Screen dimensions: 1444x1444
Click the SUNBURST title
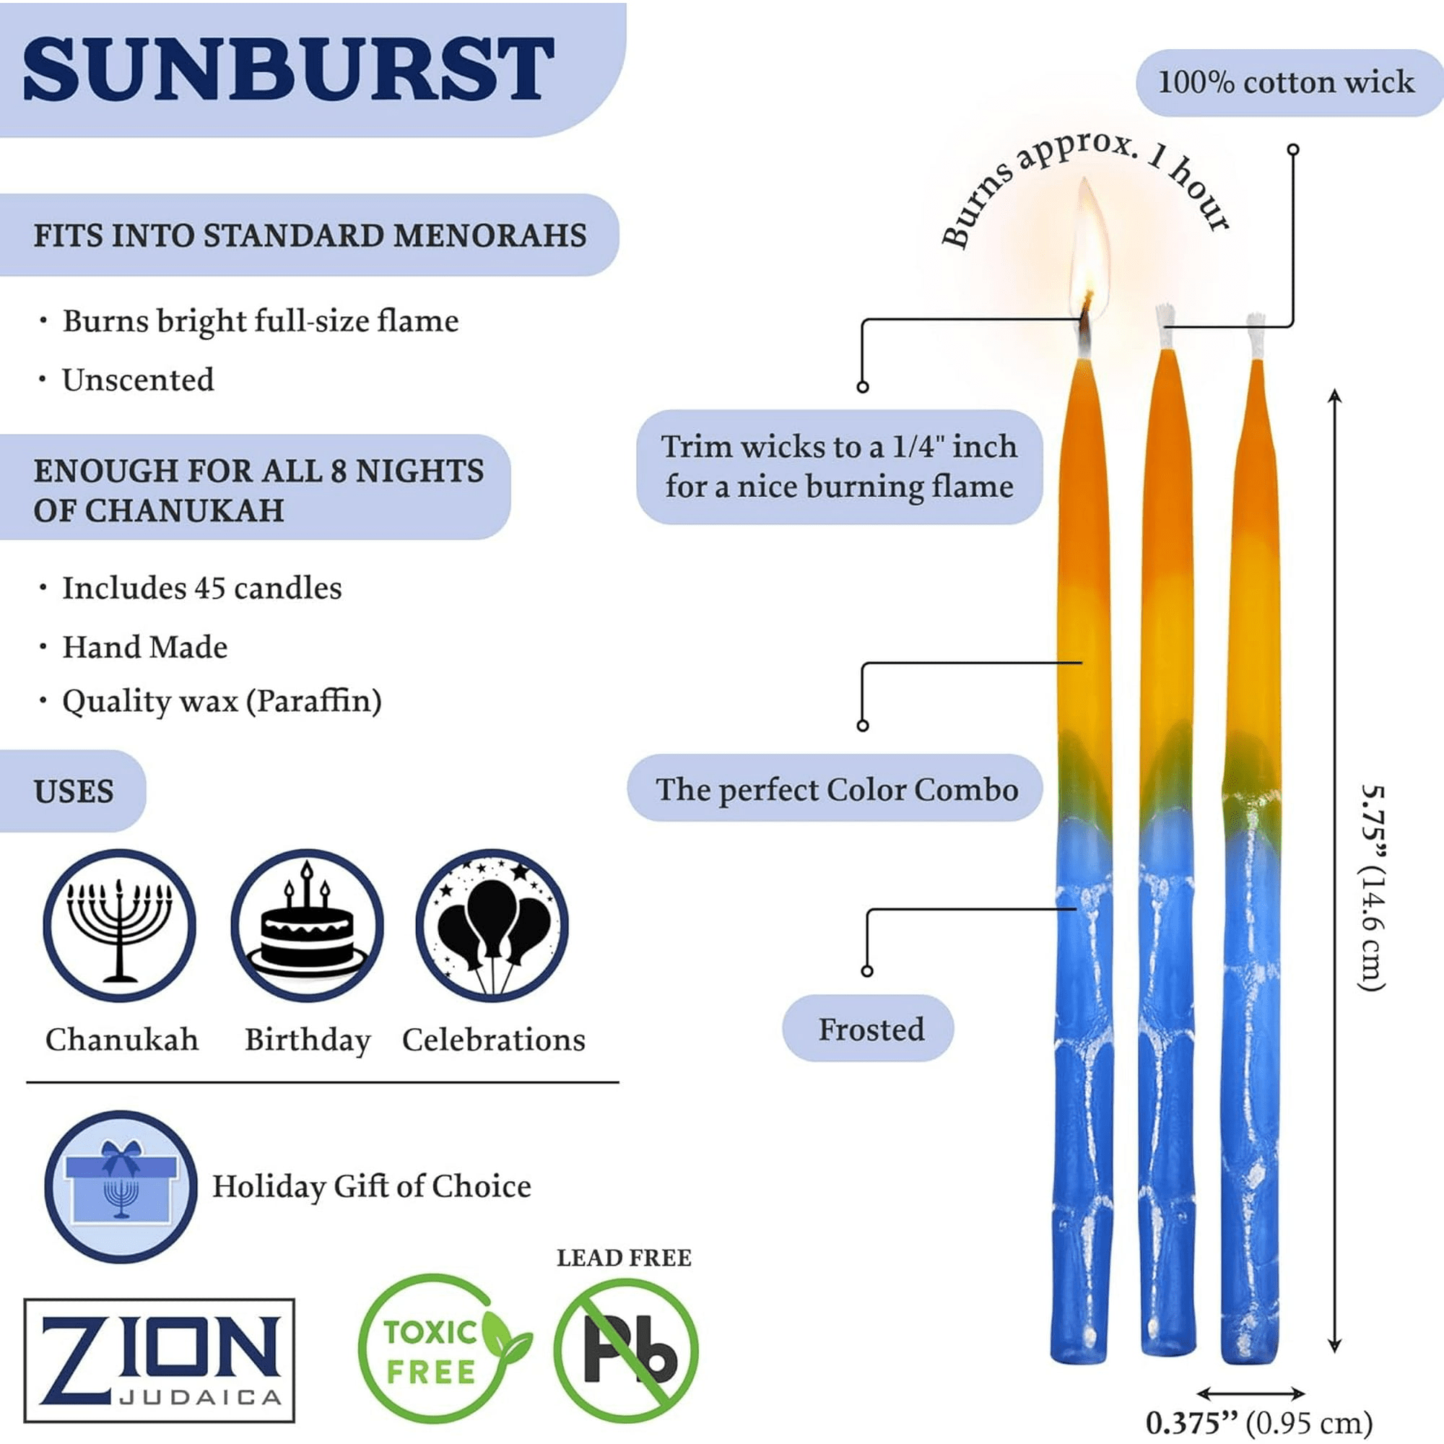click(x=289, y=69)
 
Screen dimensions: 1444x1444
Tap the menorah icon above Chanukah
click(x=120, y=926)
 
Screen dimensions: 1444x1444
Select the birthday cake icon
click(x=307, y=926)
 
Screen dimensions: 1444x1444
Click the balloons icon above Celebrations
click(x=492, y=926)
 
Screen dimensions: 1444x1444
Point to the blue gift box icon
click(x=121, y=1186)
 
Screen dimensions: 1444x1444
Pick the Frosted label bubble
click(x=868, y=1029)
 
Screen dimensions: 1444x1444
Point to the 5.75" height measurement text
click(x=1373, y=888)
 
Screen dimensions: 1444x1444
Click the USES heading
click(x=73, y=791)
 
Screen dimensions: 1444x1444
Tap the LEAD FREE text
click(x=624, y=1258)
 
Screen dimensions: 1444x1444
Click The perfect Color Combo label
click(x=837, y=789)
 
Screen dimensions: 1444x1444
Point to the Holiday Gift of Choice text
click(x=371, y=1187)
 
